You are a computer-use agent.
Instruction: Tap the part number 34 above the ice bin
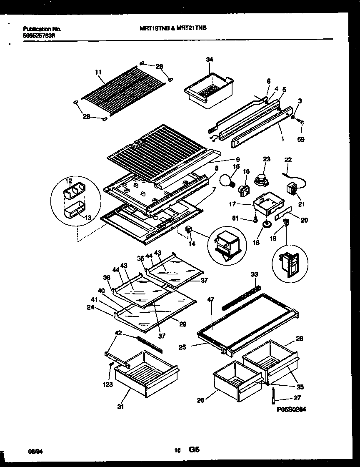(x=209, y=60)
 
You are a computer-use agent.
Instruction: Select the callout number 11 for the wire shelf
(x=98, y=72)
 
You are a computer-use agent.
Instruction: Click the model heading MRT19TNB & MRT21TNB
(x=172, y=29)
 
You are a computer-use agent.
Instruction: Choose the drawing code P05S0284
(x=291, y=410)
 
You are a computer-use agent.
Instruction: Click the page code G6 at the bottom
(x=195, y=450)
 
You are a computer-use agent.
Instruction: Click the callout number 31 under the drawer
(x=121, y=407)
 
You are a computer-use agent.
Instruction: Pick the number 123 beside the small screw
(x=108, y=384)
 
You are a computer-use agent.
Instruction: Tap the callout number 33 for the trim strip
(x=255, y=274)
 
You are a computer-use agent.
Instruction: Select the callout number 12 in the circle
(x=69, y=181)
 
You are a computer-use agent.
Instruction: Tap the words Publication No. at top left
(x=42, y=29)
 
